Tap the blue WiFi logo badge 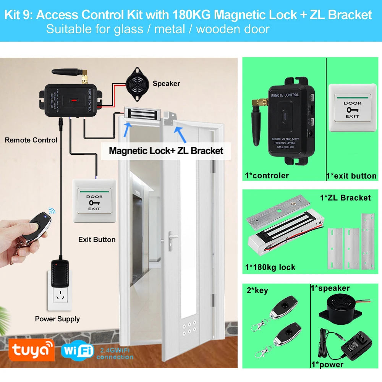77,351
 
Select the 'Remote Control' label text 31,140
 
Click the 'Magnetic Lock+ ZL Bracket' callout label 166,150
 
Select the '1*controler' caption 267,176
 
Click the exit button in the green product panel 352,103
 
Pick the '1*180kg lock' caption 270,267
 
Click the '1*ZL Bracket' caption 345,197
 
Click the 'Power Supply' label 57,319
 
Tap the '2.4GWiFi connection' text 115,353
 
